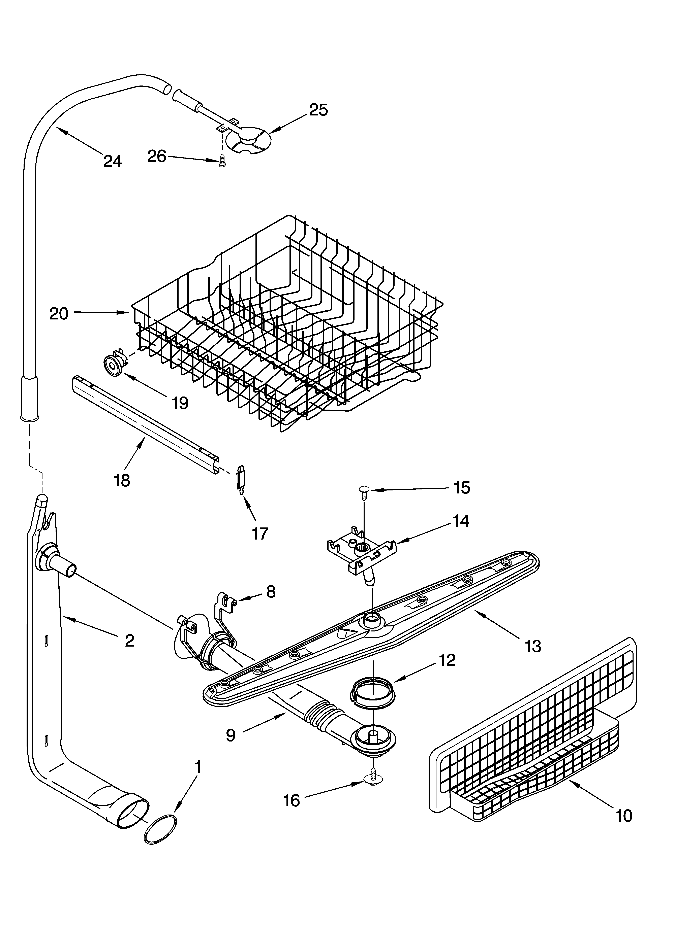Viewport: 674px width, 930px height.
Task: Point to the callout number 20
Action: click(x=59, y=314)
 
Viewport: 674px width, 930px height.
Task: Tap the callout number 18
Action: click(x=122, y=480)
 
